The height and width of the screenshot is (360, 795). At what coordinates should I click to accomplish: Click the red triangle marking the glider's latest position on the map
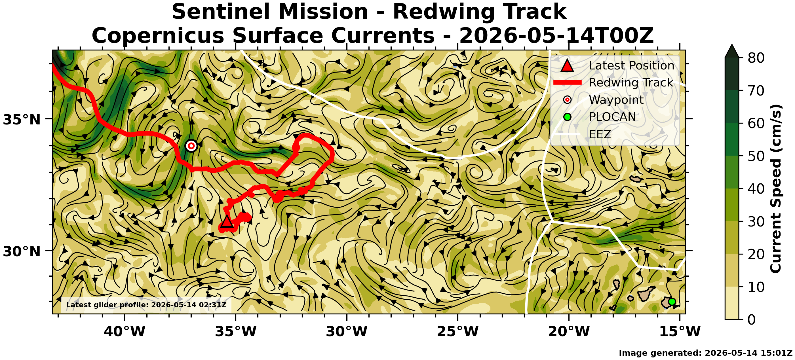pos(227,222)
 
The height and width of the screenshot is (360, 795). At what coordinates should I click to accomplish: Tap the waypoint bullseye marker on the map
pos(191,146)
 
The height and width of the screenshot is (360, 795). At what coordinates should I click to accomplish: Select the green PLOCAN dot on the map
pos(672,302)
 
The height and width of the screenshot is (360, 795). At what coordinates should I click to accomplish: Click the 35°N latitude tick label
pos(22,120)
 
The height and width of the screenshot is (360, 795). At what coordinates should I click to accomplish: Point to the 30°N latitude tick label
pos(22,251)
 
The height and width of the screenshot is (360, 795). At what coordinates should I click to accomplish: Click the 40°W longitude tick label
pos(125,331)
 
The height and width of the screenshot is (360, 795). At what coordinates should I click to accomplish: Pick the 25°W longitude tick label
pos(458,331)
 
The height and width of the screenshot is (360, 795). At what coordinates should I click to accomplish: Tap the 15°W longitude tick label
pos(680,331)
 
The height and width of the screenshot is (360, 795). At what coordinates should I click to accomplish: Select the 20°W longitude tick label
pos(569,331)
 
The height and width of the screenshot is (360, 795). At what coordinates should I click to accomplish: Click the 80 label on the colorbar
pos(756,58)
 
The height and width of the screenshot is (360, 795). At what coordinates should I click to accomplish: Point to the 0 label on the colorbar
pos(752,319)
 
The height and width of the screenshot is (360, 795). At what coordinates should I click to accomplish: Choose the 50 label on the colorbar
pos(756,156)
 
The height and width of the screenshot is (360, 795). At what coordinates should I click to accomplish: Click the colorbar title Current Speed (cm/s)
pos(775,189)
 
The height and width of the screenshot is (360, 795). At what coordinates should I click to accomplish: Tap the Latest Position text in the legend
pos(631,65)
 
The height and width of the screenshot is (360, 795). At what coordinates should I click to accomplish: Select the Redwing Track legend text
pos(631,82)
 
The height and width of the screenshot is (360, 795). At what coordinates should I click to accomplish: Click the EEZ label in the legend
pos(600,134)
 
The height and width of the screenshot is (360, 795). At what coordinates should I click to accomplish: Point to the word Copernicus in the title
pos(158,35)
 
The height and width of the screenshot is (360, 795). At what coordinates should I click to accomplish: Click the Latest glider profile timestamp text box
pos(146,305)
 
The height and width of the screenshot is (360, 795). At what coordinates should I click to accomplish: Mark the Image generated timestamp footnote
pos(705,353)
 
